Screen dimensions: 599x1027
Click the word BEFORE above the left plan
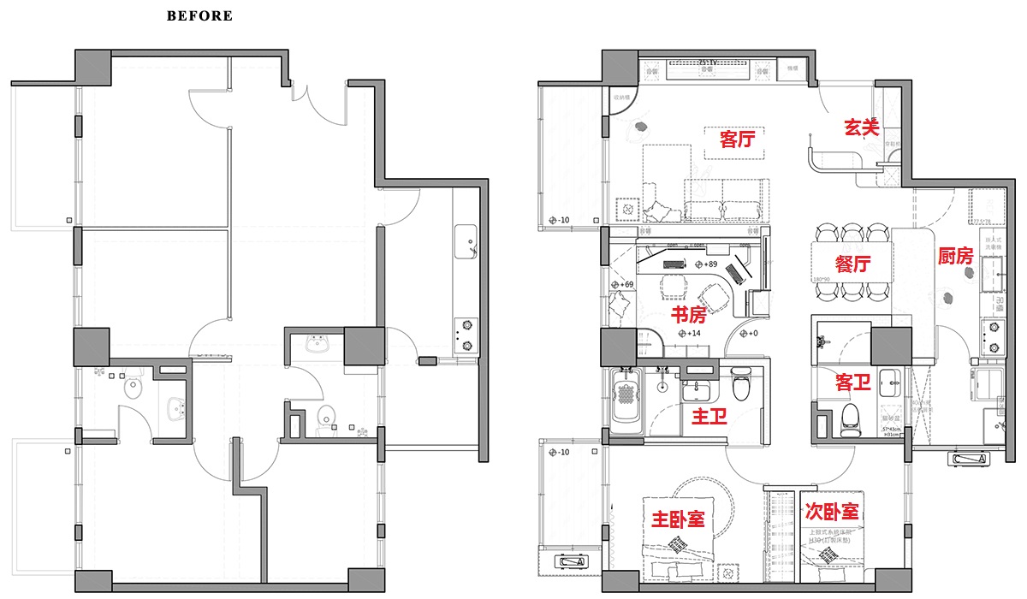199,15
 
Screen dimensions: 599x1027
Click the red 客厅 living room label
737,139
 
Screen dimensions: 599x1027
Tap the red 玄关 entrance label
862,128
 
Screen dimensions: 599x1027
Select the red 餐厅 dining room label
852,264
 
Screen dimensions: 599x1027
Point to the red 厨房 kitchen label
955,256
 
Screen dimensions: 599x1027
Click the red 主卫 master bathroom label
709,417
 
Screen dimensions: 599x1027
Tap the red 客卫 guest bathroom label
853,383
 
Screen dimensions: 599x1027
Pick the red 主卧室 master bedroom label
678,519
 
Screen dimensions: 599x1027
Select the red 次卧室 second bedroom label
832,512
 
